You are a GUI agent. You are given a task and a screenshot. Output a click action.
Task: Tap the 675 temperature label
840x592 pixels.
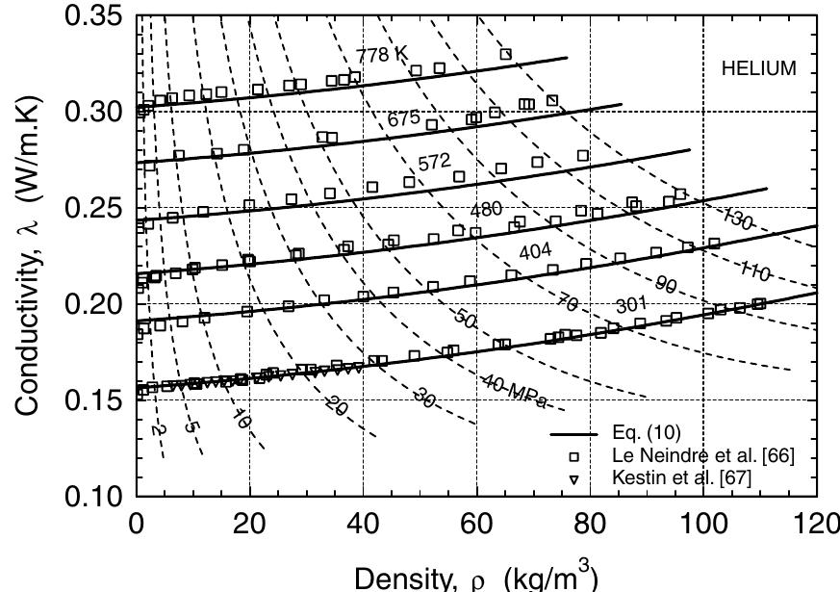405,118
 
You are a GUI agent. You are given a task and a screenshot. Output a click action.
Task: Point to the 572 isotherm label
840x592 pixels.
434,164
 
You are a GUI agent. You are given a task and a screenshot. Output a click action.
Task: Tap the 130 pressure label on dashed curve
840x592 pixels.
738,219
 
